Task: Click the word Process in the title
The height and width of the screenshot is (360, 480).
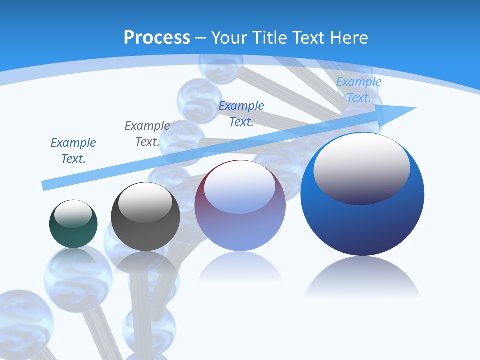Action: coord(157,37)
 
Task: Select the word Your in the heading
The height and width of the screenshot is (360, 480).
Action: coord(229,37)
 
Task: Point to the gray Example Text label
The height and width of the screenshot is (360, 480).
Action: coord(147,134)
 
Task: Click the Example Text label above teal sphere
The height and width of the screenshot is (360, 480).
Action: coord(73,151)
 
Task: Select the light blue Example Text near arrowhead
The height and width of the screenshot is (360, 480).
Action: coord(359,90)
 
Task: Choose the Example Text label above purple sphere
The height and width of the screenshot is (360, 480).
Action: coord(241,114)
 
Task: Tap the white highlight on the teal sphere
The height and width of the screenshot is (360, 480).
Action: coord(73,214)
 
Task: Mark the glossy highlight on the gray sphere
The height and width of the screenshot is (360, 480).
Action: coord(145,202)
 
